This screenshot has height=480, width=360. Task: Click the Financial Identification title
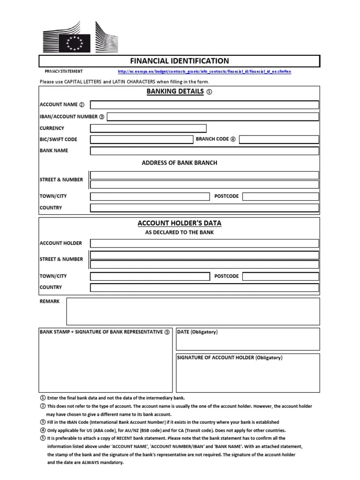click(180, 61)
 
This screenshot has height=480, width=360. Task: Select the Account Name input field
click(204, 105)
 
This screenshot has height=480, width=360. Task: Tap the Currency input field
click(148, 128)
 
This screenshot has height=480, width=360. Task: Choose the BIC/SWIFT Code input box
click(142, 139)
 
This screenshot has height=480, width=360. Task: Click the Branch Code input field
click(279, 139)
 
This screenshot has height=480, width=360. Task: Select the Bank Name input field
click(204, 150)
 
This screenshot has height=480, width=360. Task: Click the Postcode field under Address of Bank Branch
click(281, 196)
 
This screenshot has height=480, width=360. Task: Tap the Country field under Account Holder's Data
click(204, 287)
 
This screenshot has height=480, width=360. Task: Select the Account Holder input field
click(204, 243)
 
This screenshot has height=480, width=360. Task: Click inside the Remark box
click(193, 311)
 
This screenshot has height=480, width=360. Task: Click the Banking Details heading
click(175, 92)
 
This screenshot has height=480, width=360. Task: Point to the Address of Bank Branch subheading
click(180, 163)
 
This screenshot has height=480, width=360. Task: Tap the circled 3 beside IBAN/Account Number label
click(101, 117)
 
